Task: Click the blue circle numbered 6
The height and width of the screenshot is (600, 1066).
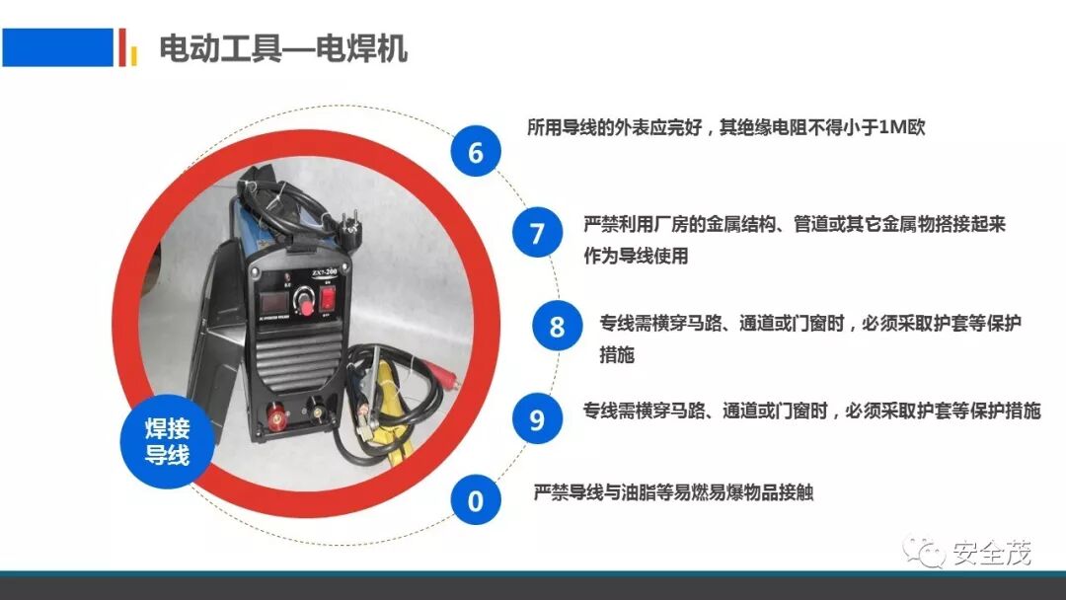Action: pos(475,151)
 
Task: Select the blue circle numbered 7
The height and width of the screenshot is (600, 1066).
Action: pos(537,232)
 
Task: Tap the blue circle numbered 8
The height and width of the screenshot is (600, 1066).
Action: pos(557,326)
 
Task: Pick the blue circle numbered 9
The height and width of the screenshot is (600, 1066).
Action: pos(537,418)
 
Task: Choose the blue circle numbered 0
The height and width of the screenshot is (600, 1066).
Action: pos(475,499)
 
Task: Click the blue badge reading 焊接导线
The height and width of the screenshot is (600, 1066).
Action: pos(167,442)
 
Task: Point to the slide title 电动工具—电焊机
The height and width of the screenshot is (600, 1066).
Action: pos(283,49)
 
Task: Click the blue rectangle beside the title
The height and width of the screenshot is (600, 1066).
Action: pos(58,47)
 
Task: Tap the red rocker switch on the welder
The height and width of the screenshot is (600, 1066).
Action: pos(328,297)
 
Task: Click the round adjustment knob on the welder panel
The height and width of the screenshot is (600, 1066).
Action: pos(304,300)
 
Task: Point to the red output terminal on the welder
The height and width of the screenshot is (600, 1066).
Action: pos(276,415)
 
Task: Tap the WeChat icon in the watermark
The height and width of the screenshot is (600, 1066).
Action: pos(924,552)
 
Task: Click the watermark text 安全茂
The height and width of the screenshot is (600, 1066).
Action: pos(992,553)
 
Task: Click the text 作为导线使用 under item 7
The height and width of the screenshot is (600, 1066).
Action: pos(637,256)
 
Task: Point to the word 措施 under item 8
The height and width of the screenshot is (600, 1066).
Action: pos(617,354)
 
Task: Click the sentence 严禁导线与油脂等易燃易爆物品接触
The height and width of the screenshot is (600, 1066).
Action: pos(674,492)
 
